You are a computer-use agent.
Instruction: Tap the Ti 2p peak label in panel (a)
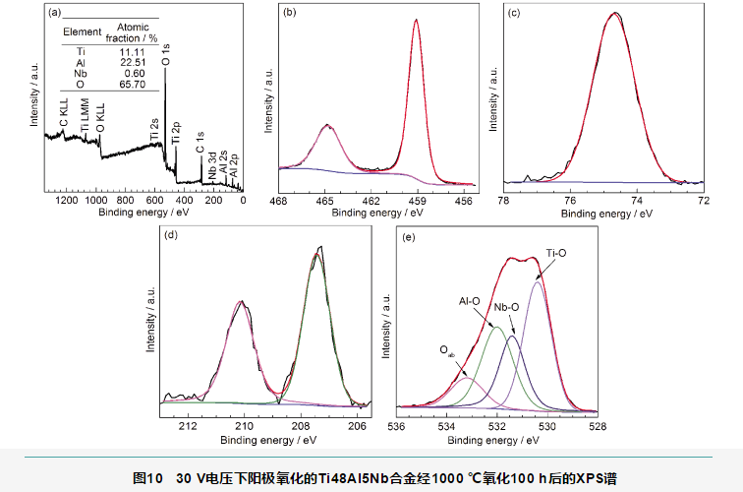click(x=176, y=134)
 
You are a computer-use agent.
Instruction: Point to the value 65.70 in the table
click(x=132, y=85)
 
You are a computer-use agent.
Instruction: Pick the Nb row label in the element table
click(x=81, y=73)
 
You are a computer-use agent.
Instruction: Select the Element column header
click(x=82, y=31)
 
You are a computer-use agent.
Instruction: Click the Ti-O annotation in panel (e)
click(x=556, y=252)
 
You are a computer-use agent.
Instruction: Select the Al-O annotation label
click(x=470, y=302)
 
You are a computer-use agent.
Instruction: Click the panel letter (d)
click(x=173, y=235)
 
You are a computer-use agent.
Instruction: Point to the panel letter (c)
click(x=514, y=13)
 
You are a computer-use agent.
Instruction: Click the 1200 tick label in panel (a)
click(x=66, y=201)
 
